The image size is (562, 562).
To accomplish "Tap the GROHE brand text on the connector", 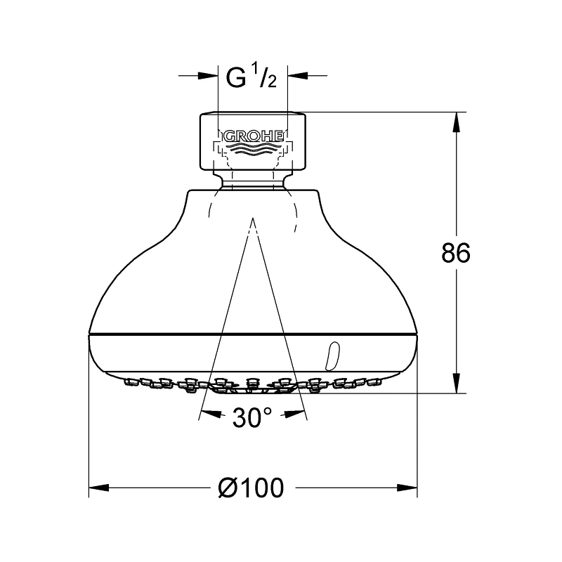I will (253, 136).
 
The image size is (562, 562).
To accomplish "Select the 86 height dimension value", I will (456, 253).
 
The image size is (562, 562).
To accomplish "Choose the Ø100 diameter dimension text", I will (253, 487).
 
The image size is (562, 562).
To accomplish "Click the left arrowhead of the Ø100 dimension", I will (96, 487).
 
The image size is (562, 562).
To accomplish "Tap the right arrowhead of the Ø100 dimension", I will (410, 487).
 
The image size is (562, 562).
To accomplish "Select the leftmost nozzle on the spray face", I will (129, 381).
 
